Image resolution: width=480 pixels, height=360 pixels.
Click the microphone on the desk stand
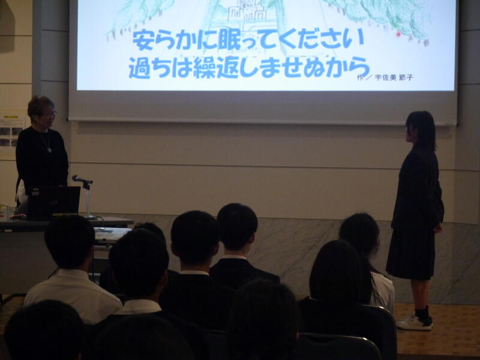(x=82, y=179)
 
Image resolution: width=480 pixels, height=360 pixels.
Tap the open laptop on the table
(x=53, y=203)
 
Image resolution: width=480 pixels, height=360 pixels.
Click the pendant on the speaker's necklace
(x=49, y=150)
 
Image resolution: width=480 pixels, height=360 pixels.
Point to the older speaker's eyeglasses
(x=50, y=114)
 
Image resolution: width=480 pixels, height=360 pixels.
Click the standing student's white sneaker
(x=415, y=323)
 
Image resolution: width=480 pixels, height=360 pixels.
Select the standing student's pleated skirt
(x=410, y=253)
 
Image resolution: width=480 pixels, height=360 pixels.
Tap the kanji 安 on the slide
(x=143, y=40)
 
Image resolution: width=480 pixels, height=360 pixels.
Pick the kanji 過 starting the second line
(x=139, y=68)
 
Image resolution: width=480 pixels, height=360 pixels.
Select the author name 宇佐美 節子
(x=394, y=78)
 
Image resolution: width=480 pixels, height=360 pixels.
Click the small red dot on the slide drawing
(x=398, y=34)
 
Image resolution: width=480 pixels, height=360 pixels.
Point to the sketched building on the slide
(x=247, y=12)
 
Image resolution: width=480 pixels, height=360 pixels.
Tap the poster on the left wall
(x=11, y=131)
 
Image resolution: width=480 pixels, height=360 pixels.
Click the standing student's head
(x=421, y=128)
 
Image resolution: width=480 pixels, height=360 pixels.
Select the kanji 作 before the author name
(x=361, y=77)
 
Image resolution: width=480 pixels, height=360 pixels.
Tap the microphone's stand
(x=88, y=201)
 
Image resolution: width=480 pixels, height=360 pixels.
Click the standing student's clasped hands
(x=439, y=229)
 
